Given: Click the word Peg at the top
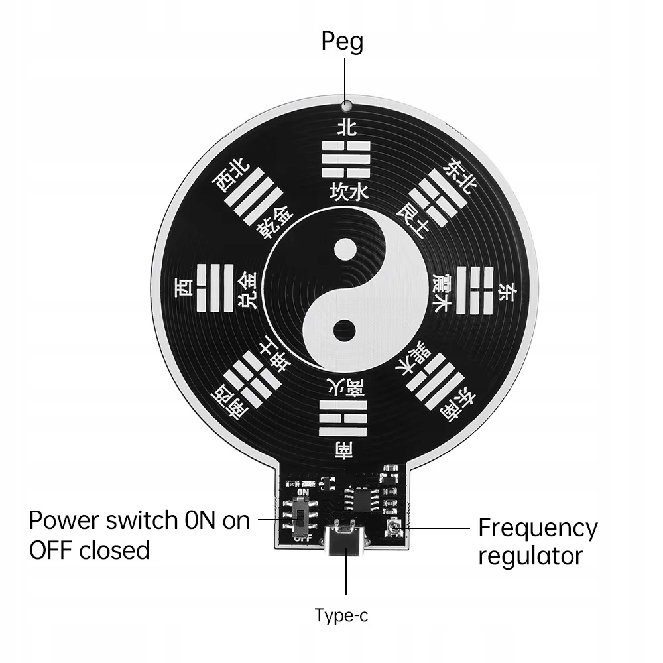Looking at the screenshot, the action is pyautogui.click(x=342, y=42).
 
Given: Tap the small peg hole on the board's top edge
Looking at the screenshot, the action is pyautogui.click(x=345, y=105).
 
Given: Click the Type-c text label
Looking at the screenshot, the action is pyautogui.click(x=341, y=616).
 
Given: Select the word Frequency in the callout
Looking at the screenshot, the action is pyautogui.click(x=538, y=528).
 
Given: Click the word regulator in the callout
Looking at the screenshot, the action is pyautogui.click(x=530, y=556).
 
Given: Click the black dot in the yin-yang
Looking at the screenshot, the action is pyautogui.click(x=345, y=330).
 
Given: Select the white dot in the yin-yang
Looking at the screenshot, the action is pyautogui.click(x=345, y=250).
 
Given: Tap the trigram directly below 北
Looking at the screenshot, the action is pyautogui.click(x=345, y=159).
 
